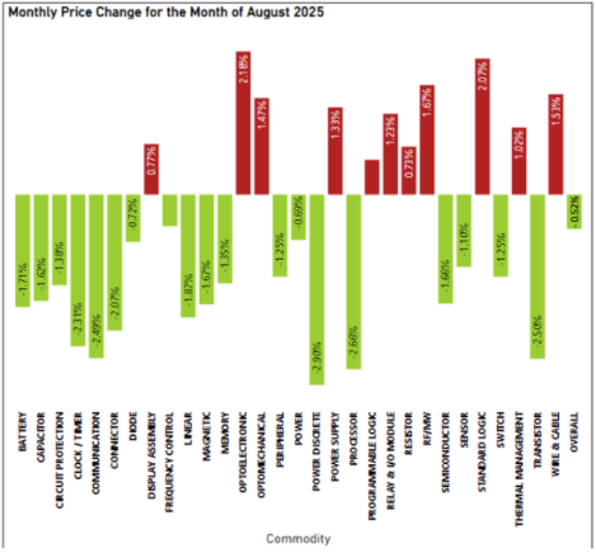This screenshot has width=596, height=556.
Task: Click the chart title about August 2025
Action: (165, 13)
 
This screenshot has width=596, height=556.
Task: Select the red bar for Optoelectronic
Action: (244, 123)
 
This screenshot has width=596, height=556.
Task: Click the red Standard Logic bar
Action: (482, 127)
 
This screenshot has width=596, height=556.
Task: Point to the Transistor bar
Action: (538, 276)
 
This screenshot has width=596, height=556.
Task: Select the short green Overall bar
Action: (575, 210)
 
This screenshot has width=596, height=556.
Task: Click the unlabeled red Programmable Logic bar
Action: (372, 177)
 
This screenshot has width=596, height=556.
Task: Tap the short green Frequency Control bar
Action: (170, 210)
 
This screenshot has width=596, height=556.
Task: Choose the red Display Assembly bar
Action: (151, 169)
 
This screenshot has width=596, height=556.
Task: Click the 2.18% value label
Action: (244, 69)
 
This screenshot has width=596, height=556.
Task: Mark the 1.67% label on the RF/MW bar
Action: (426, 104)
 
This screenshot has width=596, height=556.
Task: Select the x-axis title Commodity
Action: (298, 539)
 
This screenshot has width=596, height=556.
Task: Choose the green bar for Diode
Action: (133, 218)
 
